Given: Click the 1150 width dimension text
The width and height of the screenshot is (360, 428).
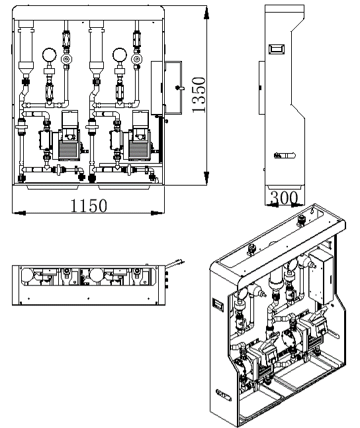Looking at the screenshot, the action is [x=89, y=206].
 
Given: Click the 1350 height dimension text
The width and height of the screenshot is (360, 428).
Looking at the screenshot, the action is [x=199, y=95].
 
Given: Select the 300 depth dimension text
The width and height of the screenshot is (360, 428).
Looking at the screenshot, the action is [x=284, y=197].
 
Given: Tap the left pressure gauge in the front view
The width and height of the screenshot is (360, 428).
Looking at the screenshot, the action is [x=50, y=55].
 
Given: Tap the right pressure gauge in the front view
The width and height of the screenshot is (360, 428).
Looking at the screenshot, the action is [x=120, y=55].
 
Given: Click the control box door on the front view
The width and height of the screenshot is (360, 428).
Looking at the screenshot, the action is [x=173, y=87].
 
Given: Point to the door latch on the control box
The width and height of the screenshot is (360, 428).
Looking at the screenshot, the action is [x=179, y=88].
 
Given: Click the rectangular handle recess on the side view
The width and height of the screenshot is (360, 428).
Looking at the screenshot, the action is [x=277, y=49].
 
